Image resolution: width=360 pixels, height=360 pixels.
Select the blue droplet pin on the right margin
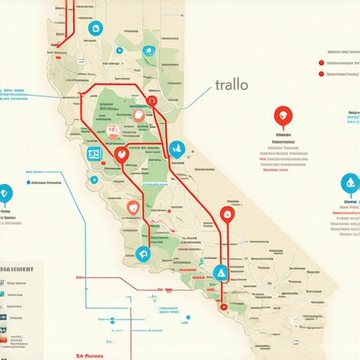point(349,184)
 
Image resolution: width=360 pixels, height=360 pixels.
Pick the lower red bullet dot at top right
point(321,73)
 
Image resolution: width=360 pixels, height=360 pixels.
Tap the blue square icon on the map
point(93,153)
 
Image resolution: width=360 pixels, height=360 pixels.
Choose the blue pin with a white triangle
point(221,272)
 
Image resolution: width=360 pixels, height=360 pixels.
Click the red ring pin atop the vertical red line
point(226,214)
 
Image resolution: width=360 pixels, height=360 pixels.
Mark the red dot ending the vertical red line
point(223,306)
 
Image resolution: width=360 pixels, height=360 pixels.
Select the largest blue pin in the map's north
point(94,29)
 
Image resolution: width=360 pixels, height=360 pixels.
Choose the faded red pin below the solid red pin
point(133,207)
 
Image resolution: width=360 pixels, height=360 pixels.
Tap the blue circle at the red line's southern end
point(145,254)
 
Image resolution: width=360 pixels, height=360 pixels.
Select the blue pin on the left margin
point(6,192)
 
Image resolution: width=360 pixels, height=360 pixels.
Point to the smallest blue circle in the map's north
point(120,51)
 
